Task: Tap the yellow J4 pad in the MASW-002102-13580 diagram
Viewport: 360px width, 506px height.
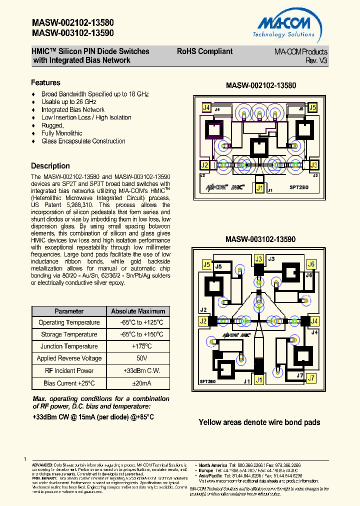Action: pos(206,107)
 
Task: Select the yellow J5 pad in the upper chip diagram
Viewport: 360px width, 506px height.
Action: pos(312,107)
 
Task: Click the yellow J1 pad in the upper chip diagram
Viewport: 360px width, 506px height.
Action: pos(259,188)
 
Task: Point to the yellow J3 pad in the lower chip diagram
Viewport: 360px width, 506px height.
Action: pos(258,259)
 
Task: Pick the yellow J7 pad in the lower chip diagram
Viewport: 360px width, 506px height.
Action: pos(311,378)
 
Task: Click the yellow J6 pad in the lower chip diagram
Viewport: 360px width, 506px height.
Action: pos(311,264)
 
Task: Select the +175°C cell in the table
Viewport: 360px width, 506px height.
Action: pos(138,346)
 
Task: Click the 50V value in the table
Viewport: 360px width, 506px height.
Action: pos(138,358)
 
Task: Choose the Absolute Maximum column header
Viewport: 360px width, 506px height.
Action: pos(138,311)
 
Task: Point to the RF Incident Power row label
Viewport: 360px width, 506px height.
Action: pos(69,370)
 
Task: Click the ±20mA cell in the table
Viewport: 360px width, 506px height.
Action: pos(138,383)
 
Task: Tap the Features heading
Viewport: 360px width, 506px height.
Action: pos(45,83)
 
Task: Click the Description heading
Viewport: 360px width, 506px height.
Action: pos(50,166)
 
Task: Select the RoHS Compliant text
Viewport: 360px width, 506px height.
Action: pos(204,51)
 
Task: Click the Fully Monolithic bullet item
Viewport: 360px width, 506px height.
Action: pos(62,133)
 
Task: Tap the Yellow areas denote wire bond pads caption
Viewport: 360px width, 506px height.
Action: pos(259,422)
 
